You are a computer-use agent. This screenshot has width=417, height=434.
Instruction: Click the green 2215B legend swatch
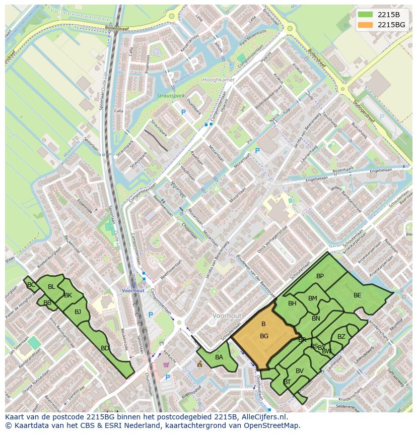coord(366,15)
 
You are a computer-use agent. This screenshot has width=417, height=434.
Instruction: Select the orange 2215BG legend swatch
coord(366,25)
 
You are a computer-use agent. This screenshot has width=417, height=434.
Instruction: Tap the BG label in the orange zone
coord(264,336)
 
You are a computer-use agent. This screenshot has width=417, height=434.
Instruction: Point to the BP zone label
coord(320,276)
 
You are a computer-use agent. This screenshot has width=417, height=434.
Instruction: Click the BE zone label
coord(357,295)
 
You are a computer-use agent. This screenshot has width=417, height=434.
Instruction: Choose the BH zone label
coord(292,303)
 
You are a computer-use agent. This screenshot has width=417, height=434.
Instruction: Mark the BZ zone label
coord(341,337)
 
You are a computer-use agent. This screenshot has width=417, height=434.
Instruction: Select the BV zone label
coord(300,371)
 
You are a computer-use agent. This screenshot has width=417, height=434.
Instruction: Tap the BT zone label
coord(287,382)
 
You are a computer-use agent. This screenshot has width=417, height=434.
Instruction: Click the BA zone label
coord(219,357)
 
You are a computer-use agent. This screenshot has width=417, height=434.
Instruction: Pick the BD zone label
coord(105,348)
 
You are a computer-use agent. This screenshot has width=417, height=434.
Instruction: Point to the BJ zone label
coord(78,312)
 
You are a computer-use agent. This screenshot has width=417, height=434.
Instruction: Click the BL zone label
coord(51,287)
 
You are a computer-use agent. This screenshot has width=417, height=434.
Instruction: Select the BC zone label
coord(31,285)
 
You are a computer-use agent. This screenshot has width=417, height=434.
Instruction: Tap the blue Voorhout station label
coord(133,291)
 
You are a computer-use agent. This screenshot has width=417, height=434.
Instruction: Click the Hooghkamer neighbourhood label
coord(218,80)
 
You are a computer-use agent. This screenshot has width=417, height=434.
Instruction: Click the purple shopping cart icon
coord(166,364)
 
